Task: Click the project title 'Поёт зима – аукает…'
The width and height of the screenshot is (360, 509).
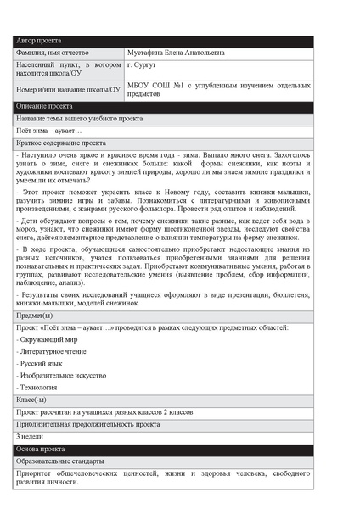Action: (49, 131)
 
